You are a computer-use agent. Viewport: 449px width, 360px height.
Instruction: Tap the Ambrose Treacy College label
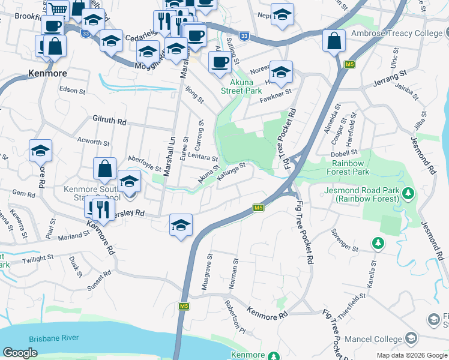coord(399,34)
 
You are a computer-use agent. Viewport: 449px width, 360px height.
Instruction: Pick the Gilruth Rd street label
coord(109,121)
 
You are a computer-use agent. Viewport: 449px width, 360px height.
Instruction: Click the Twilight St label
coord(38,259)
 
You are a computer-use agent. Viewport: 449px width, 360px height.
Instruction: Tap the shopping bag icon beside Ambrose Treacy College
coord(334,41)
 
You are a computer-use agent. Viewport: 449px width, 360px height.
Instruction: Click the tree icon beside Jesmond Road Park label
coord(408,193)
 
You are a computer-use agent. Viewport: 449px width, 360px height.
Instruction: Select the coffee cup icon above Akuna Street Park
coord(220,61)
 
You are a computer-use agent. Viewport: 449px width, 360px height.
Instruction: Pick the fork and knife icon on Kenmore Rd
coord(98,208)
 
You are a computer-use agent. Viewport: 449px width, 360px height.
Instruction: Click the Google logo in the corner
coord(20,353)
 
